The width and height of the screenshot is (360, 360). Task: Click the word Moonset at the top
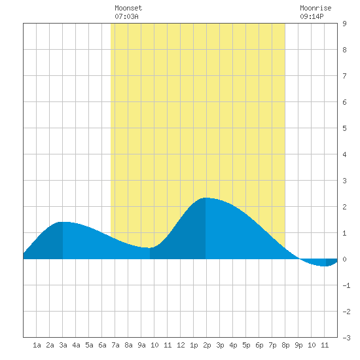[128, 8]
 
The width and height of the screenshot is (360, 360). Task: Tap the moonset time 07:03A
[126, 16]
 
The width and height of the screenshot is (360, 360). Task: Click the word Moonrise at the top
[315, 8]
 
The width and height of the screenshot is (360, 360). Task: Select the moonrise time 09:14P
[312, 16]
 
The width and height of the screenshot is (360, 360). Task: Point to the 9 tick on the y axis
[344, 24]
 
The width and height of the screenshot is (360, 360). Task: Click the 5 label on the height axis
[344, 128]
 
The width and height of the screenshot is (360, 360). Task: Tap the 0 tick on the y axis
[344, 259]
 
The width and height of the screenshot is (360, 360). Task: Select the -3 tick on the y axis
[346, 338]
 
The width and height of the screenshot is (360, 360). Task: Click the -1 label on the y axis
[346, 285]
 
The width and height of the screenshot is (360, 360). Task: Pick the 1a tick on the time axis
[37, 345]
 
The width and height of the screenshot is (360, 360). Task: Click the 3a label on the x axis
[63, 345]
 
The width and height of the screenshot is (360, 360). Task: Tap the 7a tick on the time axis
[115, 345]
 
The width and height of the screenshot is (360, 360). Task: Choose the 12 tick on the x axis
[181, 345]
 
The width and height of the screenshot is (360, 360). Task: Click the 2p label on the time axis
[207, 345]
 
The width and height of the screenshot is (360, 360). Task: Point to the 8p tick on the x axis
[285, 345]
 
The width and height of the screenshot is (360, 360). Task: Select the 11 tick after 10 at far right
[325, 345]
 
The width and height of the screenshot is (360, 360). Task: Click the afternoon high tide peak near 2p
[206, 198]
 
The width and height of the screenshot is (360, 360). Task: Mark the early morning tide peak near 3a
[63, 223]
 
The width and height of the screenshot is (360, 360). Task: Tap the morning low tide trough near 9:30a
[149, 247]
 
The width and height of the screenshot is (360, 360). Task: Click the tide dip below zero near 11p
[324, 266]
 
